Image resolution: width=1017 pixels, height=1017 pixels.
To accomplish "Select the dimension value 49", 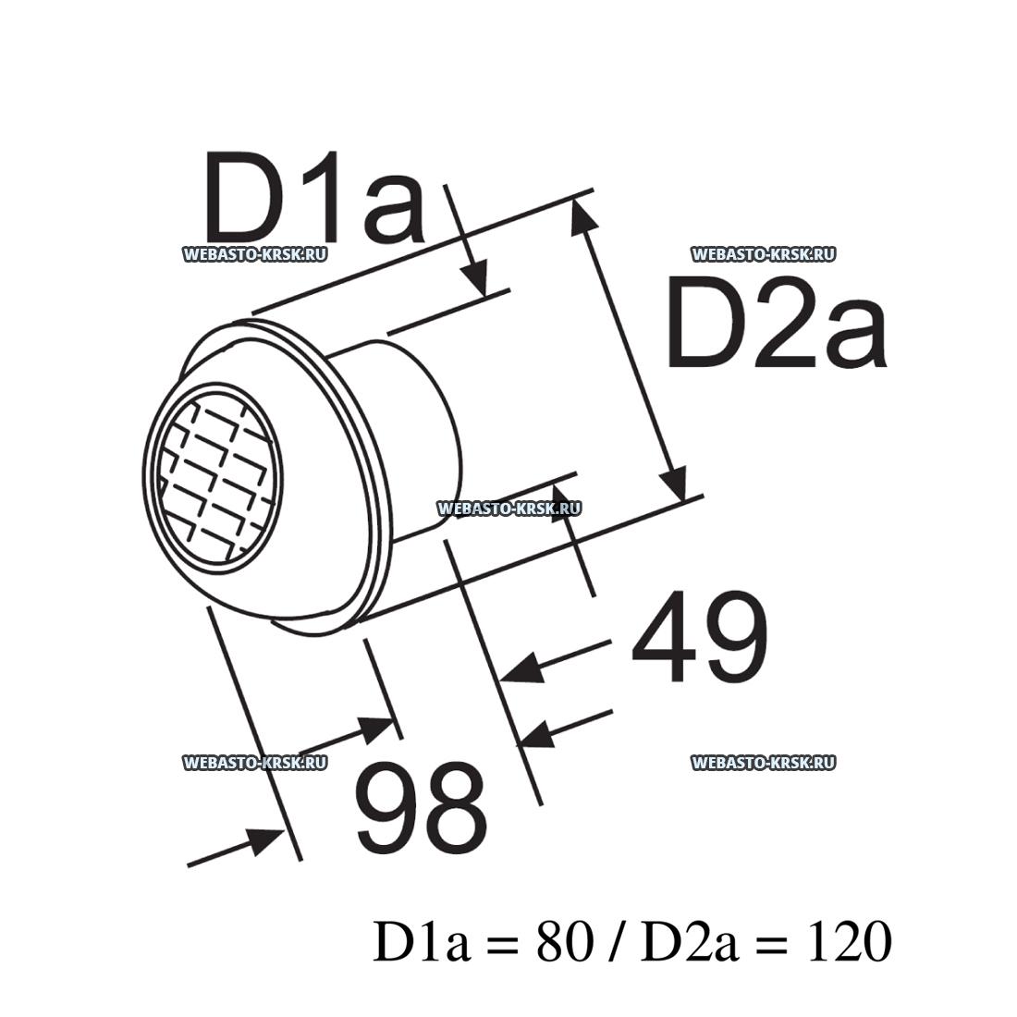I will [699, 638].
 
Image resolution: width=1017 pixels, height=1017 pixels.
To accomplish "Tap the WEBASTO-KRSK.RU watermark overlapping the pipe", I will [508, 508].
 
